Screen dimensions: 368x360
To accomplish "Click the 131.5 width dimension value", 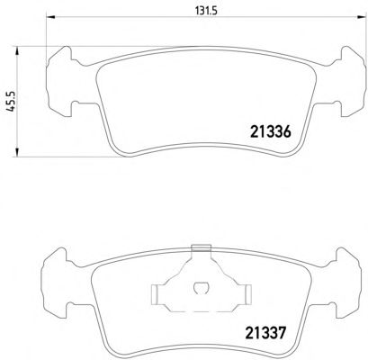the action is coord(206,12).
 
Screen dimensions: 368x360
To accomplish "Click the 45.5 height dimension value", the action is coord(11,102).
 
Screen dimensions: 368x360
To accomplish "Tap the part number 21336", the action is coord(270,131).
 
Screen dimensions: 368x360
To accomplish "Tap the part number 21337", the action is coord(265,333).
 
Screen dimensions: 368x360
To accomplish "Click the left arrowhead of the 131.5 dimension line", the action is coord(50,17).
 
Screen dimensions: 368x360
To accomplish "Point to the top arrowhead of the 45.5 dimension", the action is coord(17,50).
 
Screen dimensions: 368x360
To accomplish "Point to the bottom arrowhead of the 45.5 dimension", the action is coord(17,152).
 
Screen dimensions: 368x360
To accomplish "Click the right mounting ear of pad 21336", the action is coord(352,82).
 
